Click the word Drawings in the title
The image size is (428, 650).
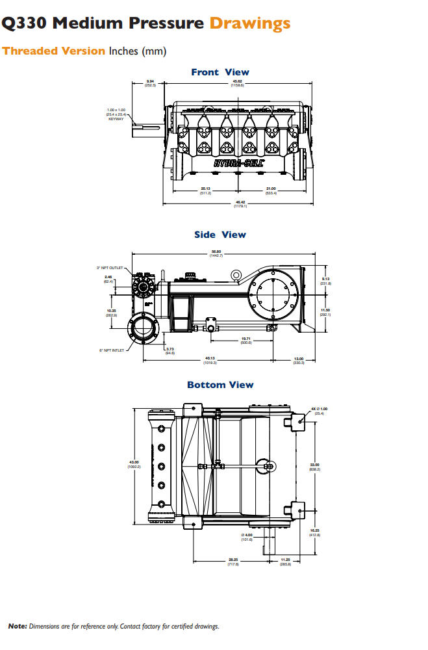click(x=249, y=24)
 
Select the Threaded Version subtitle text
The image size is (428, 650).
click(x=53, y=51)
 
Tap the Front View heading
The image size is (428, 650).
click(x=220, y=72)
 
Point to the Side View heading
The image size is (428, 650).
click(x=220, y=235)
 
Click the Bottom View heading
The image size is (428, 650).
click(x=220, y=385)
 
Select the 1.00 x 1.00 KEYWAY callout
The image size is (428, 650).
click(x=116, y=114)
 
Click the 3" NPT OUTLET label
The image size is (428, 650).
click(x=110, y=267)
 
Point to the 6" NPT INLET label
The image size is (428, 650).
click(x=112, y=350)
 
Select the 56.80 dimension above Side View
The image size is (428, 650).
click(x=216, y=253)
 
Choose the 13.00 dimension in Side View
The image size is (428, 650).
click(x=299, y=360)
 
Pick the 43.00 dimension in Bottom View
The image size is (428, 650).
click(x=134, y=464)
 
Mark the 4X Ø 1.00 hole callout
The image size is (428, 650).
click(x=321, y=409)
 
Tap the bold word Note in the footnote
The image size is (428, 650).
click(x=17, y=626)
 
